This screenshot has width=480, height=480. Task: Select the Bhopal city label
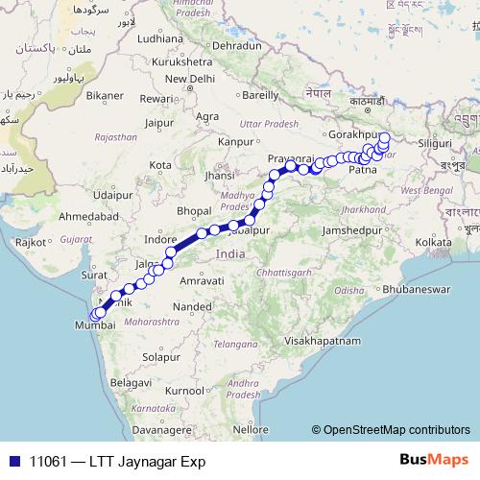tap(194, 210)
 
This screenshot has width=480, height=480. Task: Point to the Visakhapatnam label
tap(322, 341)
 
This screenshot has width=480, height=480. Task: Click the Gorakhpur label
tap(356, 135)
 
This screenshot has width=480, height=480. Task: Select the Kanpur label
tap(234, 141)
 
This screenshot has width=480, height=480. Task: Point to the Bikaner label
tap(105, 96)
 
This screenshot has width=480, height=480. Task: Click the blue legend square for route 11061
tap(14, 461)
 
